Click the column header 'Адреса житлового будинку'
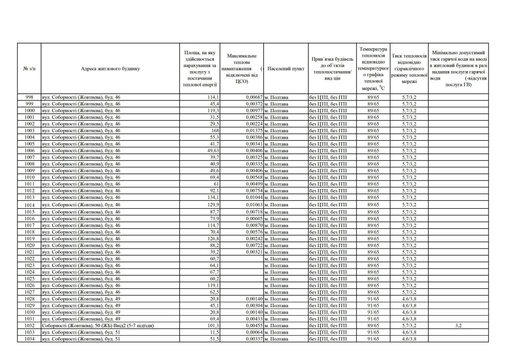pos(111,69)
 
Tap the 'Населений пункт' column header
pos(285,69)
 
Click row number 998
pos(29,97)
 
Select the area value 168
pos(214,130)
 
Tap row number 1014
pos(29,205)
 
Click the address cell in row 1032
pos(97,326)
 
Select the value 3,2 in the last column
pos(458,326)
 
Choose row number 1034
pos(29,339)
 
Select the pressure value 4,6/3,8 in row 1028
pos(409,299)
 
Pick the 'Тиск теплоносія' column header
pos(409,69)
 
